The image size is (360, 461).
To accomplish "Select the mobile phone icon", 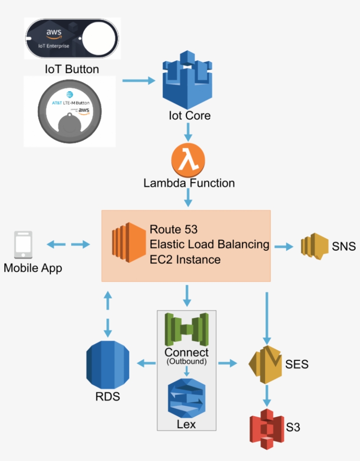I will click(23, 245).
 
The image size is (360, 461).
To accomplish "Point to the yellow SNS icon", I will click(314, 245).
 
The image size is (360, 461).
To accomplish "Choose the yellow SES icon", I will click(265, 364).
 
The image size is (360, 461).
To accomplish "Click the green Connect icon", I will click(187, 329).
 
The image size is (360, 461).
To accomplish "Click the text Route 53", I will click(174, 229).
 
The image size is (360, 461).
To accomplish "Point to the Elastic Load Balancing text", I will click(209, 244).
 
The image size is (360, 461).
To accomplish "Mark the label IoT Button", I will click(72, 69).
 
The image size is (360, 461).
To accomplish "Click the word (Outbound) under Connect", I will click(187, 362).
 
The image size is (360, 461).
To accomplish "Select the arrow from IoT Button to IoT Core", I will click(139, 81).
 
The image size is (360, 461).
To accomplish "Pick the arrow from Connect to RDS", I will click(147, 363).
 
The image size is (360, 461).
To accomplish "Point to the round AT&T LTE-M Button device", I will click(69, 112).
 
